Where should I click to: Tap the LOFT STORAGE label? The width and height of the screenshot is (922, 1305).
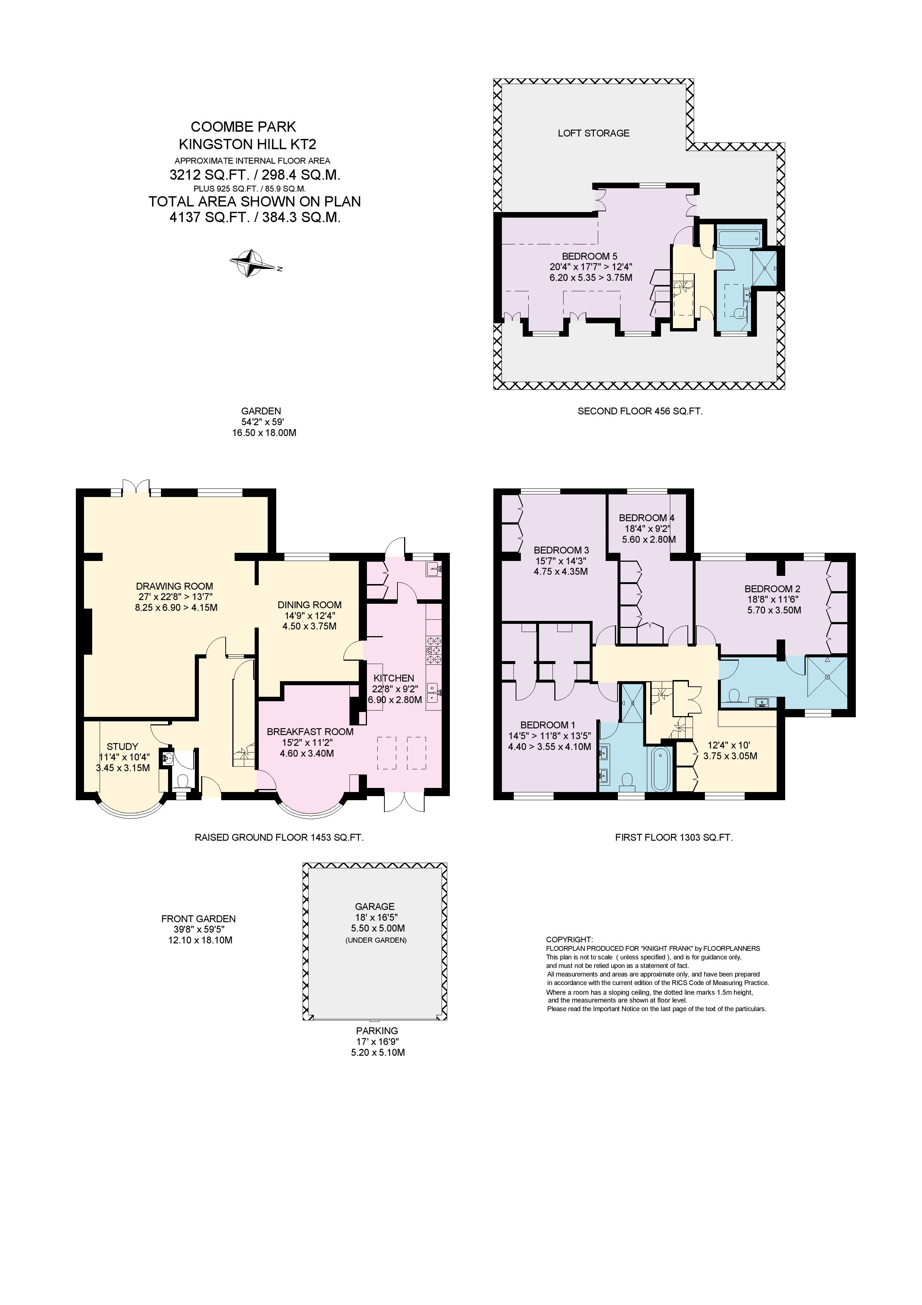594,133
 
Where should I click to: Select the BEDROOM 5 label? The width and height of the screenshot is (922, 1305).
590,256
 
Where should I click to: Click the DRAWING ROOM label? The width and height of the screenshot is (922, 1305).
174,586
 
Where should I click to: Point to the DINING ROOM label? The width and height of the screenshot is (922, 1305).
310,605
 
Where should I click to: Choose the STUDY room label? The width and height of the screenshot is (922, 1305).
123,746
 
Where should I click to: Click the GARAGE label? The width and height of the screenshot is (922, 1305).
375,907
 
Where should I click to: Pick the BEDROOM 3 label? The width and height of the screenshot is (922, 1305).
561,550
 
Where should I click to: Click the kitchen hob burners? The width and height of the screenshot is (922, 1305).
434,650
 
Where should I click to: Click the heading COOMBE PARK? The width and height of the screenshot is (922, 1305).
243,127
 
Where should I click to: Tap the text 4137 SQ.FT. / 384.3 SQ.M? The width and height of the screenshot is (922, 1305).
255,217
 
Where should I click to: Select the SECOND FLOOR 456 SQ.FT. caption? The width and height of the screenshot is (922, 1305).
640,411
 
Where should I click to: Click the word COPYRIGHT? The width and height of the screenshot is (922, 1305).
569,940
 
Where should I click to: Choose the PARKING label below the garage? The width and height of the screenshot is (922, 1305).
377,1030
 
